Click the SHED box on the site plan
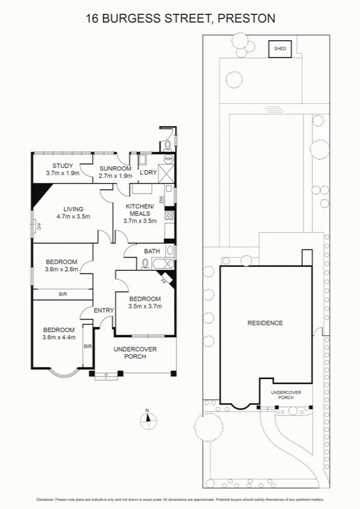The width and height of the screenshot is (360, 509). pos(280,49)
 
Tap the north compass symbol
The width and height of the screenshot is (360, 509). pos(147,421)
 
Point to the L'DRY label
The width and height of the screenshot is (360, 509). pos(148,173)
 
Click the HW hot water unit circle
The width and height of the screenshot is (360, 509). pos(168,159)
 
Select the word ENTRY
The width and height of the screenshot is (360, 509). pos(104,310)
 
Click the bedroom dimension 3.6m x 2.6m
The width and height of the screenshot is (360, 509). pos(62,269)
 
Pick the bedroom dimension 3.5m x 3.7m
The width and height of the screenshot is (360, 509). pos(145,306)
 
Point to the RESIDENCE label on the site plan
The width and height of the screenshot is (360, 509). pos(265,323)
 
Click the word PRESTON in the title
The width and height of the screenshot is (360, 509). pos(247,19)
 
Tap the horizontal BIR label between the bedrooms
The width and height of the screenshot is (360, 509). pos(62,294)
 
